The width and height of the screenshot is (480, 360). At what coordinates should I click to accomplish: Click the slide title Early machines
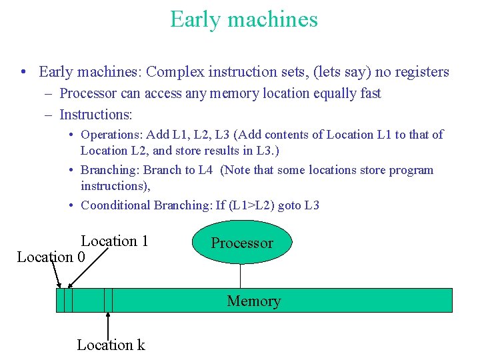tap(243, 19)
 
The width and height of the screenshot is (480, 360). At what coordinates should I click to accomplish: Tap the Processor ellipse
tap(242, 243)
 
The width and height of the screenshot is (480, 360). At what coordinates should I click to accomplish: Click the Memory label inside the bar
tap(253, 301)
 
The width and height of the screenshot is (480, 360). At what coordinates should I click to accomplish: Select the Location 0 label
tap(51, 257)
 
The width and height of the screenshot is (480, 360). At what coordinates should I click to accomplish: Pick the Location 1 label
tap(114, 241)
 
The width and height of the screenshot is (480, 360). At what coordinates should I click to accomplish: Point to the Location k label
tap(111, 345)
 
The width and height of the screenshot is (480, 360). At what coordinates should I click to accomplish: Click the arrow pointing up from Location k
tap(108, 323)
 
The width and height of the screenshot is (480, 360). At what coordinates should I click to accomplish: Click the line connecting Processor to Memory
tap(240, 275)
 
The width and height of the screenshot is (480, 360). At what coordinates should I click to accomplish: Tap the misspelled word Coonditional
tap(115, 205)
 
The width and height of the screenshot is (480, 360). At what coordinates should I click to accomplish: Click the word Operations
tap(112, 135)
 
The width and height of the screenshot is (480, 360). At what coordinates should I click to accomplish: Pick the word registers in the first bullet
tap(418, 72)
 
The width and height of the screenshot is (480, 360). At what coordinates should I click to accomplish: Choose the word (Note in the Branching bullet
tap(236, 170)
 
